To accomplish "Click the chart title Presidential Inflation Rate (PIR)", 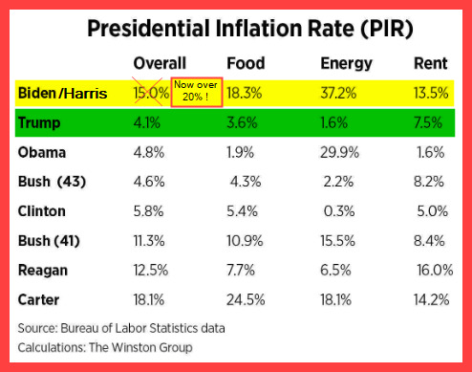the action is pos(250,29).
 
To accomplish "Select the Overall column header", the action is pos(160,63).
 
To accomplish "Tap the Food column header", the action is pos(246,63).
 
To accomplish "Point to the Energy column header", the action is pos(346,64).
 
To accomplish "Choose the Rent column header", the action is pos(430,63).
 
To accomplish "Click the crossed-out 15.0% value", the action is pos(151,93).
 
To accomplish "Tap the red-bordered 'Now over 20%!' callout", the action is pos(197,92).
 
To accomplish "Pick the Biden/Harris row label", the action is pos(62,93).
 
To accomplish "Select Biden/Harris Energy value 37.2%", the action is pos(338,93).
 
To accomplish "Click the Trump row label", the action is pos(39,123).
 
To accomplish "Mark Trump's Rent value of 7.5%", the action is pos(428,122).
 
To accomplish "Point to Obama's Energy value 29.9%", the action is pos(339,152).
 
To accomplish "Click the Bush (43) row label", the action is pos(52,182).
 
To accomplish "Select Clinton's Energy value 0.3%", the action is pos(339,211).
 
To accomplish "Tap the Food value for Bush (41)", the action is pos(245,241).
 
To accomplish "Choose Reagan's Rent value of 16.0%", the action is pos(435,271).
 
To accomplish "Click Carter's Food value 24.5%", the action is pos(246,299).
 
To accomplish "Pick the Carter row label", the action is pos(38,299).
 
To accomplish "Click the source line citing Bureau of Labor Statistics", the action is pos(121,328).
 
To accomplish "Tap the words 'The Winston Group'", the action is pos(140,347).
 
